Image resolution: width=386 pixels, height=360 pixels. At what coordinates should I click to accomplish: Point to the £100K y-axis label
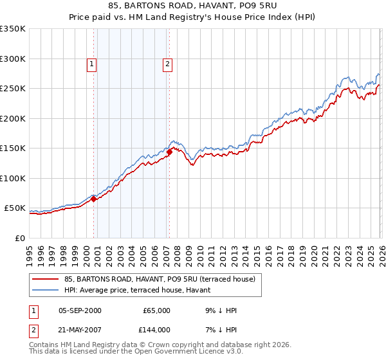pyautogui.click(x=13, y=178)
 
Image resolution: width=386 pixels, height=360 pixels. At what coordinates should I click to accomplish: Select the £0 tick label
pyautogui.click(x=19, y=238)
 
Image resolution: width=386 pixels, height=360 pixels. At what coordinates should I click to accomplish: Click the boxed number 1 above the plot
pyautogui.click(x=92, y=64)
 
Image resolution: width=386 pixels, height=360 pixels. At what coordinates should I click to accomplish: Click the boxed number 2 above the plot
pyautogui.click(x=167, y=64)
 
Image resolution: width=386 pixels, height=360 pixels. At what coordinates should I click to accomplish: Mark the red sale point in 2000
pyautogui.click(x=93, y=199)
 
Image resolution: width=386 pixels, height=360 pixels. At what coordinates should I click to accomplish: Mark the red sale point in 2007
pyautogui.click(x=169, y=152)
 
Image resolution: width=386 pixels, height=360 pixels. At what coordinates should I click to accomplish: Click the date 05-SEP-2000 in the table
pyautogui.click(x=80, y=310)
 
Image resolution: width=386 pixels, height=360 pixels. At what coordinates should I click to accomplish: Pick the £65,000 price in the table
pyautogui.click(x=156, y=310)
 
